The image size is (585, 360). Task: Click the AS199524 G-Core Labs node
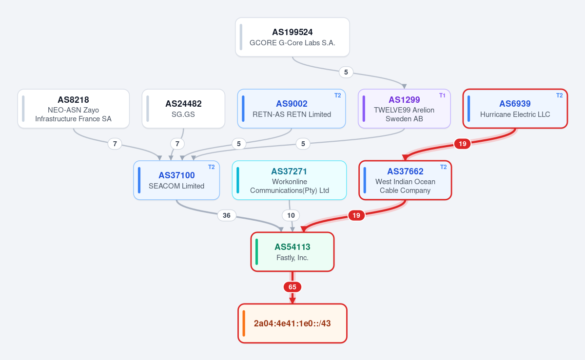[292, 37]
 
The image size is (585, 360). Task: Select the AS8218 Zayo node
[74, 109]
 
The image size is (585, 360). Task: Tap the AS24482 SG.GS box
[183, 109]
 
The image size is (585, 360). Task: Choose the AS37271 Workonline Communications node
[289, 180]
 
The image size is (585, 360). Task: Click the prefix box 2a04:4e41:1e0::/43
[292, 323]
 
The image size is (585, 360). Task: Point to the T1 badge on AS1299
[442, 95]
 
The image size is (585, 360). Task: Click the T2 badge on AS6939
[560, 95]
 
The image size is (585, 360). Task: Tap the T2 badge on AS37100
[211, 167]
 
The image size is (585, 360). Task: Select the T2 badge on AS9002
[337, 95]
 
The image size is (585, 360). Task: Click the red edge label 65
[292, 287]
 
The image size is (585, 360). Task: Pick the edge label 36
[226, 215]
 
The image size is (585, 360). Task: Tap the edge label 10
[291, 215]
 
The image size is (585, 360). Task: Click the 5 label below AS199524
[346, 72]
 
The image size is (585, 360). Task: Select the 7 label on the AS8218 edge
[115, 144]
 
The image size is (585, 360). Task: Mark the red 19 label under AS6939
[462, 144]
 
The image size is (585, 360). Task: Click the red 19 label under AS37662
[356, 215]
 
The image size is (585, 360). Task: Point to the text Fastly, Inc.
[292, 258]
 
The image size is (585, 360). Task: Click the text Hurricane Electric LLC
[515, 114]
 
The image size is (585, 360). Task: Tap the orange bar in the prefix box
[244, 323]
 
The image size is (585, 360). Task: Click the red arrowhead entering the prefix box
[292, 300]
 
